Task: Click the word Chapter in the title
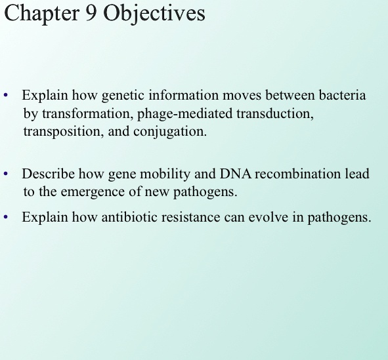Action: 41,14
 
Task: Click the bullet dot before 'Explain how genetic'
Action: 6,96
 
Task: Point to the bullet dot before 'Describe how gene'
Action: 6,174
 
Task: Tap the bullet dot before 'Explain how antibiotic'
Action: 6,217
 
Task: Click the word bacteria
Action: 341,96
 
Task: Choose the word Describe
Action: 49,174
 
